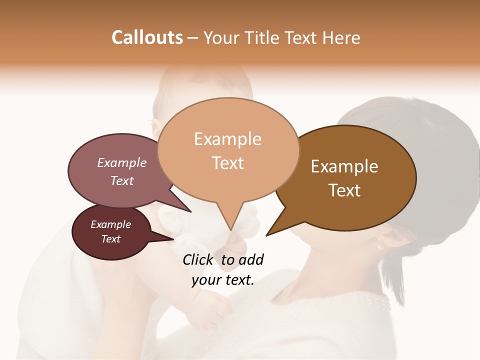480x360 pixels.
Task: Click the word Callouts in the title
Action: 147,37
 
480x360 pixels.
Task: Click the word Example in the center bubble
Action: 227,139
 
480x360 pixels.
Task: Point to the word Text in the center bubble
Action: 228,163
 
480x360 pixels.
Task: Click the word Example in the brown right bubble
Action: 344,166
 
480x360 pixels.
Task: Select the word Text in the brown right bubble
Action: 344,190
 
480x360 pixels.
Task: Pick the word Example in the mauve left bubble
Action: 121,163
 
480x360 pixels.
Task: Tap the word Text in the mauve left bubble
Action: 122,180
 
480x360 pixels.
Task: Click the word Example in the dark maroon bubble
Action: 110,224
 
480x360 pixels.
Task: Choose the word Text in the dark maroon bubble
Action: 111,239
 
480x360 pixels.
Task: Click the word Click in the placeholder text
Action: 198,259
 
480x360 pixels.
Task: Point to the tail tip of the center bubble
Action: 230,230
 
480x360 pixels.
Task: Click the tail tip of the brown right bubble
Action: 266,235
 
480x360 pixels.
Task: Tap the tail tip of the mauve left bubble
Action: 191,212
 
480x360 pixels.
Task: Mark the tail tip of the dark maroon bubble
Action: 173,239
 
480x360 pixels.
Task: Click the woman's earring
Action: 380,246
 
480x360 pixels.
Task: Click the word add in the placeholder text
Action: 251,259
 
